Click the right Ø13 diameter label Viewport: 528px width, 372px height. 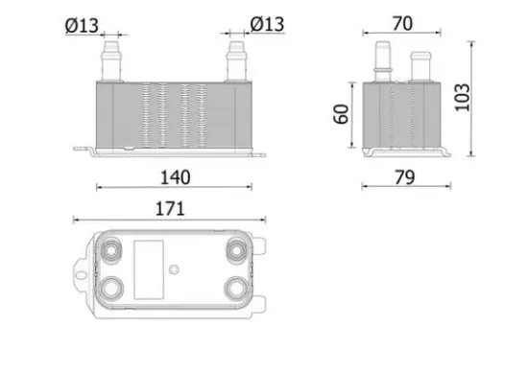266,23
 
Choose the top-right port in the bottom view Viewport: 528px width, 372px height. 235,250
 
